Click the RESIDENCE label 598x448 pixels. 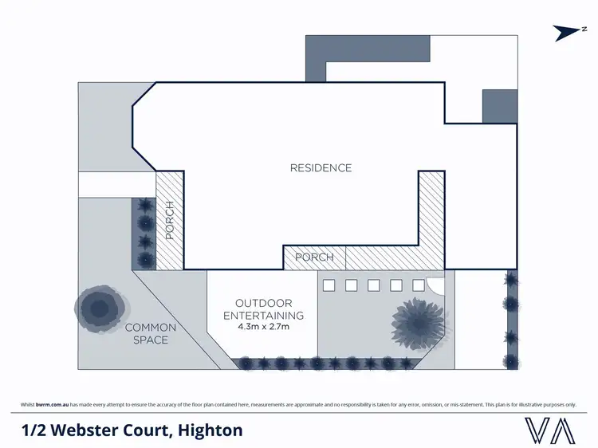(321, 168)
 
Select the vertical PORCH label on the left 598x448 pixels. (169, 221)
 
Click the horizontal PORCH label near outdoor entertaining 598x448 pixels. (314, 257)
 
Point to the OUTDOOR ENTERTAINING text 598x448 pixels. (263, 309)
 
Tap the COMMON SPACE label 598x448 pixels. (151, 334)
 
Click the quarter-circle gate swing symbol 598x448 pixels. (435, 285)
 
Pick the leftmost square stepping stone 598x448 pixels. (326, 285)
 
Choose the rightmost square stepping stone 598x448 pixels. (418, 285)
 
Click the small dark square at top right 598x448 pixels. (500, 107)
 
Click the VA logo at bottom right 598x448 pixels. (550, 430)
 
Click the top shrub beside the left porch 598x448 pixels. (144, 206)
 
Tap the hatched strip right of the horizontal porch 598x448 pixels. (395, 257)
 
